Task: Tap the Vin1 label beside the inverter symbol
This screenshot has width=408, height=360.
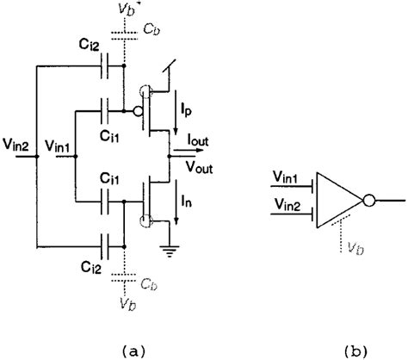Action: pos(286,178)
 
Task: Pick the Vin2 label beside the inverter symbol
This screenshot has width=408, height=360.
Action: pos(286,204)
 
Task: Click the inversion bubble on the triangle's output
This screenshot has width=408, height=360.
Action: pos(368,200)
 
